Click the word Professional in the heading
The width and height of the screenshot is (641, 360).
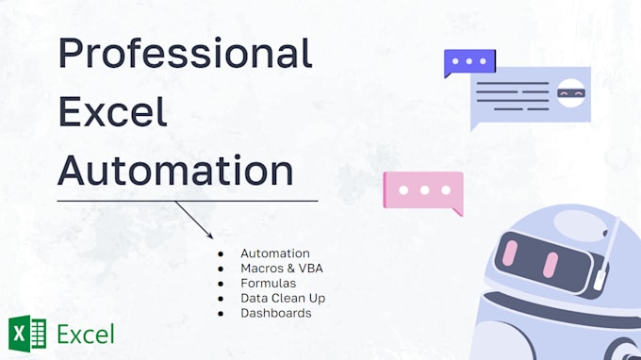coord(185,53)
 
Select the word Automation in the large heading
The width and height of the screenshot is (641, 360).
coord(175,171)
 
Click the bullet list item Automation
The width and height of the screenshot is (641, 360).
coord(274,254)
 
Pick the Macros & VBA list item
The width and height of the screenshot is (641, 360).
coord(282,269)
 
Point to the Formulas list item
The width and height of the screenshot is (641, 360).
coord(268,283)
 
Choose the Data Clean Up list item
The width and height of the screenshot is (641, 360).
coord(283,298)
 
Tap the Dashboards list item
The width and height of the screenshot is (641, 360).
coord(275,313)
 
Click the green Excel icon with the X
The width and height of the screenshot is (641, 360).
coord(26,334)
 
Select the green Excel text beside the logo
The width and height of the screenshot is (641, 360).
coord(86,335)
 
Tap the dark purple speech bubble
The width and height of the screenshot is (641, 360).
coord(468,63)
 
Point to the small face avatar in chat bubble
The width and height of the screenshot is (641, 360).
coord(569,93)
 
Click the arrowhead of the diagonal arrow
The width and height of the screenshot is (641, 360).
coord(211,236)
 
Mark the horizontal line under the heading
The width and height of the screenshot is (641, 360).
coord(187,200)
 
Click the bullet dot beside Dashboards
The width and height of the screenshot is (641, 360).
coord(220,313)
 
